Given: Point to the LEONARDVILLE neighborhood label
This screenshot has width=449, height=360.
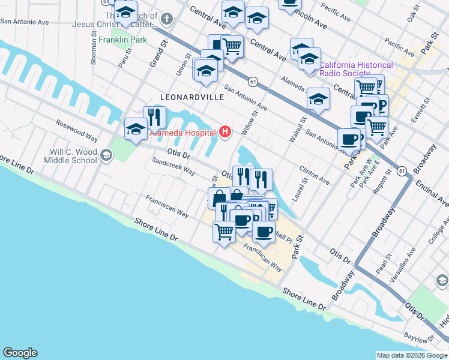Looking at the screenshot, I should click(187, 97).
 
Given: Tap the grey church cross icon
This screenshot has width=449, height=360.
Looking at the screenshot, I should click(167, 19).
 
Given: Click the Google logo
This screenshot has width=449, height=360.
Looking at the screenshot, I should click(20, 353).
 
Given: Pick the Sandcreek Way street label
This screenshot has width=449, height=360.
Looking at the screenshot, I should click(173, 167).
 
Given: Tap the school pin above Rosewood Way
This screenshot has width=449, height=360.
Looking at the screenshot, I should click(136, 128).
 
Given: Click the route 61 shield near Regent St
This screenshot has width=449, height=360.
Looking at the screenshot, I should click(402, 172).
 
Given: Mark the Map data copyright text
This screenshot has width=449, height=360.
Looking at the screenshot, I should click(412, 355).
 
